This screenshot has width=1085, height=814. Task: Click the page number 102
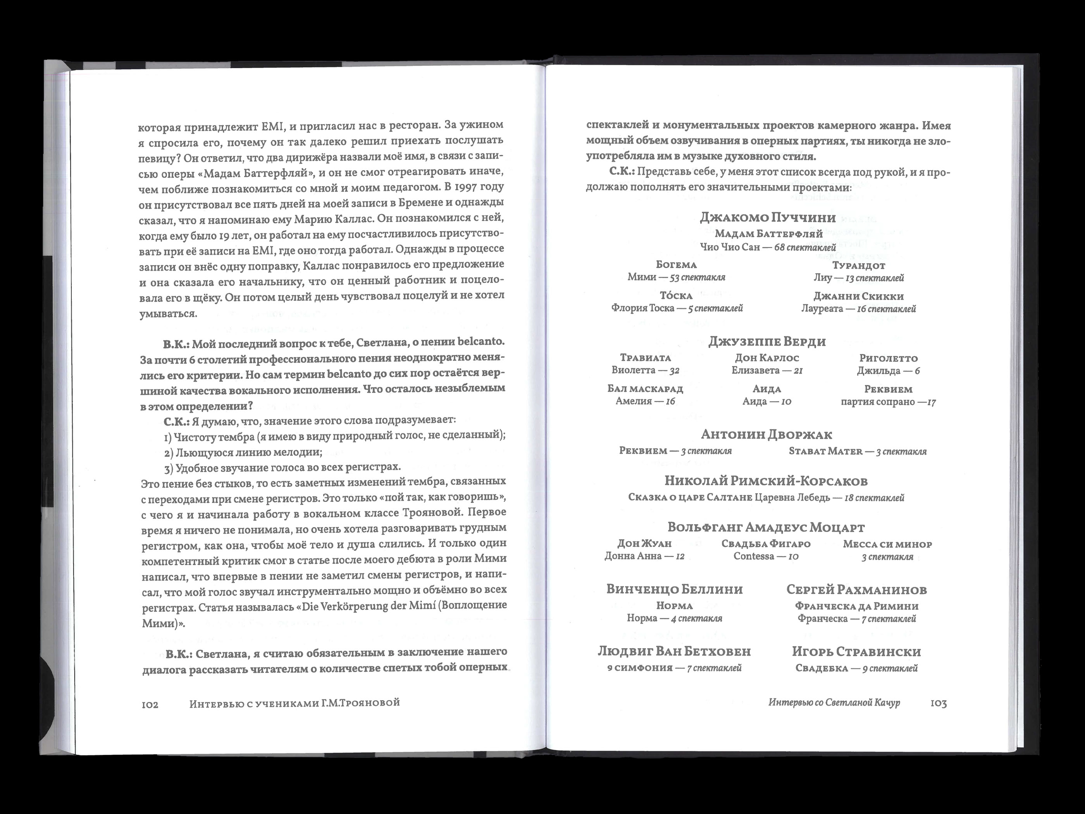[150, 705]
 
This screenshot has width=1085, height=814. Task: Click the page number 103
[939, 704]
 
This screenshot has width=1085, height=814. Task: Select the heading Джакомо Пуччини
[768, 217]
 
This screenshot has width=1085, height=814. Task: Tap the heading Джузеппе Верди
[767, 341]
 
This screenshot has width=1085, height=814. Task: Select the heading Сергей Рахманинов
[856, 590]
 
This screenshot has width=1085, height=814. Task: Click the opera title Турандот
[858, 266]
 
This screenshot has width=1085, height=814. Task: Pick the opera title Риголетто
[888, 358]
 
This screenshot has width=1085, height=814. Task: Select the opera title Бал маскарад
[645, 389]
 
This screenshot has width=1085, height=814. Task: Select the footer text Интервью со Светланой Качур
[834, 703]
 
